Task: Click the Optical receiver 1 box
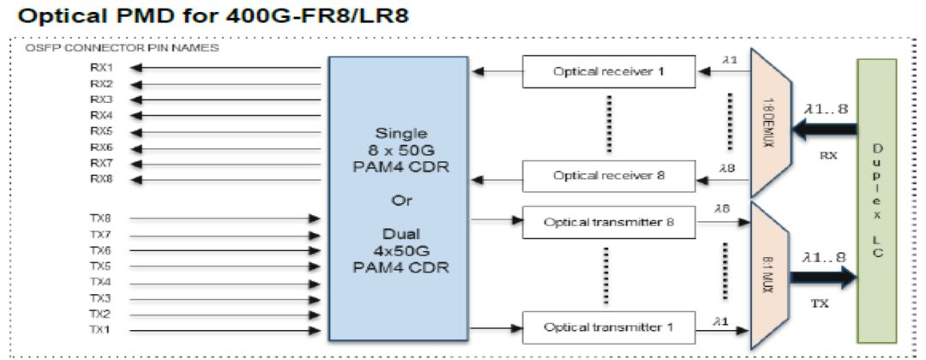tap(608, 72)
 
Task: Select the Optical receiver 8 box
tap(608, 176)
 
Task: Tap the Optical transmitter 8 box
tap(608, 222)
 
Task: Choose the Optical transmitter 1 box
tap(608, 327)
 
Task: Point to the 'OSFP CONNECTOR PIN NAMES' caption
tap(123, 48)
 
